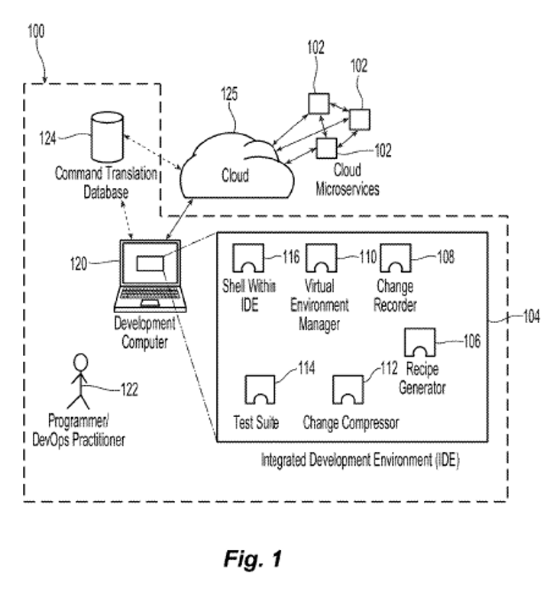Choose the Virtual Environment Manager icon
[x=321, y=258]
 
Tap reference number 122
[x=129, y=390]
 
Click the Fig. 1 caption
[x=253, y=558]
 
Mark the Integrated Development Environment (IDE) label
[x=361, y=461]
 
